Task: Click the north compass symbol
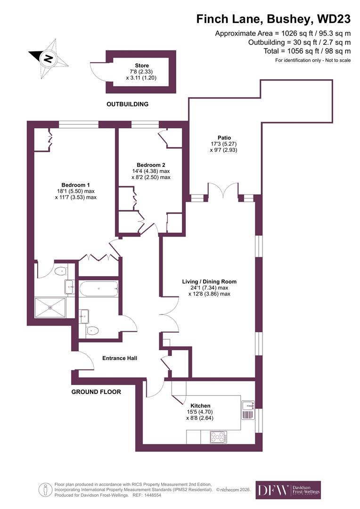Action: click(x=47, y=58)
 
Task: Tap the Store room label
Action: click(x=142, y=66)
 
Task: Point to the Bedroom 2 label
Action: click(x=151, y=165)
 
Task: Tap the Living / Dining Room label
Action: click(x=209, y=282)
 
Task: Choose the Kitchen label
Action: click(x=200, y=405)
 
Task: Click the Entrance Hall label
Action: click(x=120, y=358)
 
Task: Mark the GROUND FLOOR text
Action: click(x=96, y=392)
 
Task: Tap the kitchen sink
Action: click(x=248, y=405)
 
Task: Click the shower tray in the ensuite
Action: click(x=50, y=308)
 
